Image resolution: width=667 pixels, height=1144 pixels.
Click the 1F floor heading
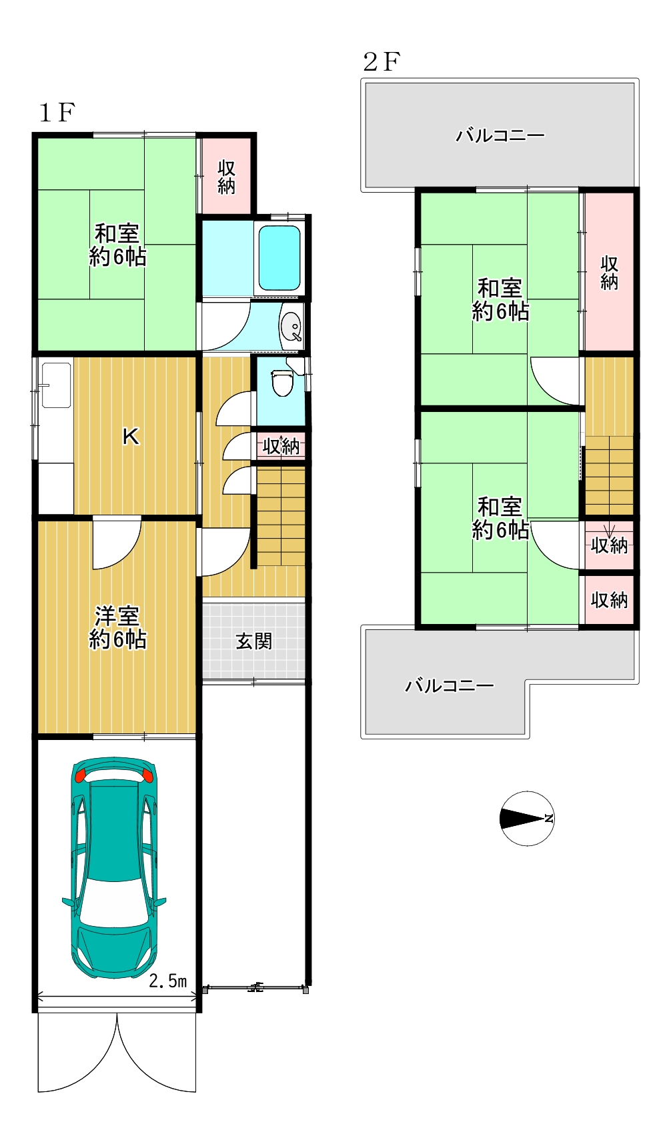tap(57, 113)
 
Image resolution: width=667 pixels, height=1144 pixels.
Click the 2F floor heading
tap(381, 62)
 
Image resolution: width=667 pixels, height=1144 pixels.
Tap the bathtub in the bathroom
tap(279, 258)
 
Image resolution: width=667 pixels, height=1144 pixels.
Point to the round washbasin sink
tap(291, 327)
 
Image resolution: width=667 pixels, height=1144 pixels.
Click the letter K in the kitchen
tap(131, 437)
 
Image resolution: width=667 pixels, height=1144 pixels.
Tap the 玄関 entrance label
tap(254, 641)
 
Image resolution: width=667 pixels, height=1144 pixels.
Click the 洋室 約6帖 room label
tap(117, 627)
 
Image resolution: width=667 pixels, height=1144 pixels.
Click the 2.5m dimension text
tap(167, 981)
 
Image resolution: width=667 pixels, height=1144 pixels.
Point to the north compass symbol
tap(527, 818)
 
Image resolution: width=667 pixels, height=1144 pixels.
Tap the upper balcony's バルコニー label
tap(500, 136)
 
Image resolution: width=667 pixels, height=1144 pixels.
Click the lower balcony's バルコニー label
tap(450, 685)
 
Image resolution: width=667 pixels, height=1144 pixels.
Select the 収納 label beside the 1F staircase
tap(281, 445)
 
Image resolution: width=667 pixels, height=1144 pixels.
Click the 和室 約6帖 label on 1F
tap(117, 245)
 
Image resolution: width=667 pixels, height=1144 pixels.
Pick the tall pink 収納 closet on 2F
tap(609, 271)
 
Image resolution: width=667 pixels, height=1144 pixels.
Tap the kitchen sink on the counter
tap(56, 385)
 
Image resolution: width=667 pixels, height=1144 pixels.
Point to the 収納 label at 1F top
tap(227, 177)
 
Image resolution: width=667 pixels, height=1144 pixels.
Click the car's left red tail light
tap(81, 775)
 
